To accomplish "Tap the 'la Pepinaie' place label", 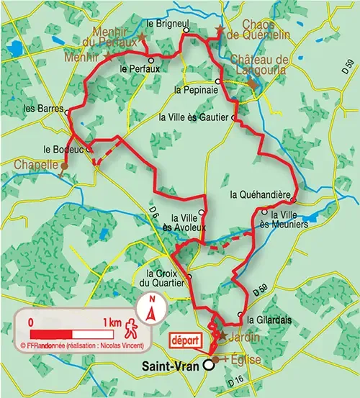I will click(x=193, y=91).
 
